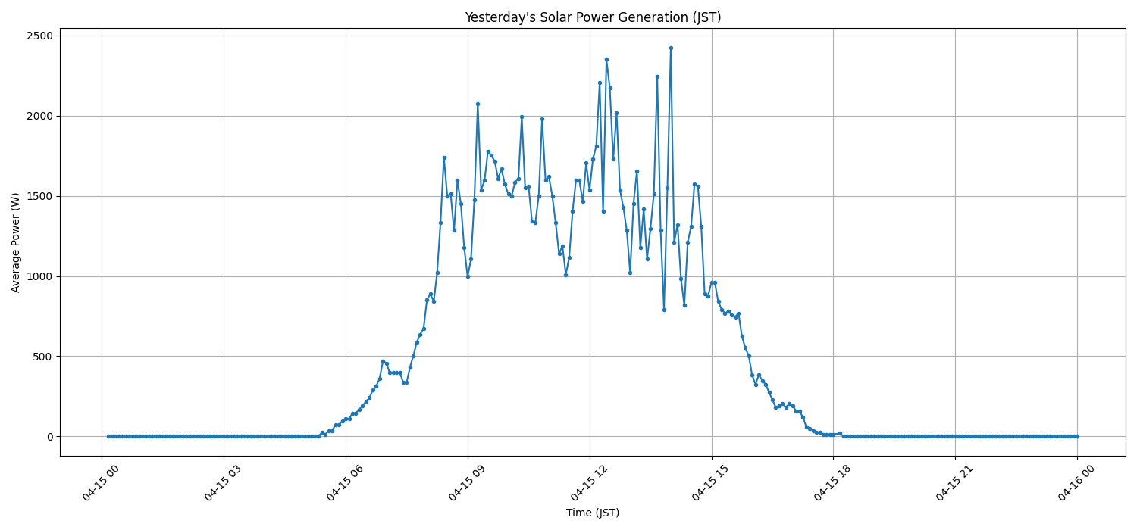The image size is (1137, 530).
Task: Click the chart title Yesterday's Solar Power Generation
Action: click(x=593, y=17)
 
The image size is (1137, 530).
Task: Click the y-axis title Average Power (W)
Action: click(x=16, y=242)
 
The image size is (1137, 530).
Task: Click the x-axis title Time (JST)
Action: click(x=593, y=513)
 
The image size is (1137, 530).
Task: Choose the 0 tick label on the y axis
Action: click(x=49, y=437)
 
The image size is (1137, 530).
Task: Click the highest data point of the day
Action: click(x=671, y=48)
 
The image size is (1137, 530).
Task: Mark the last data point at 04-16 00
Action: click(x=1077, y=436)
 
